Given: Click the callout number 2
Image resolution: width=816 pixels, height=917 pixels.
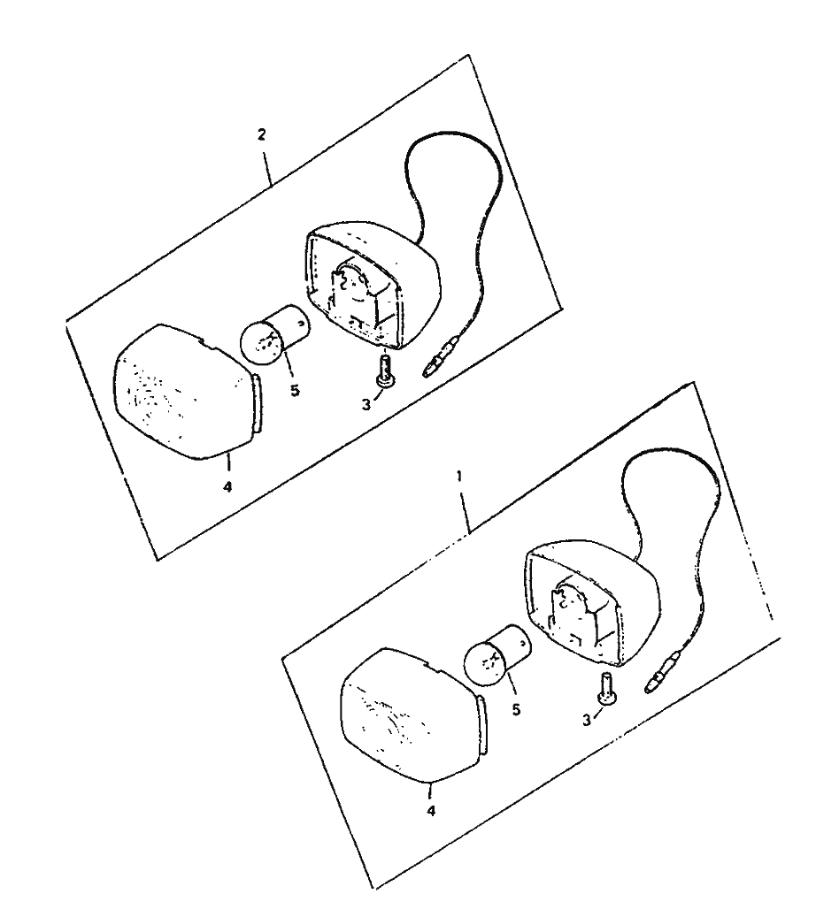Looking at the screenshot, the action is point(261,134).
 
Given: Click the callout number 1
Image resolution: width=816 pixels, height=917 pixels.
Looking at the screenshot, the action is point(459,477).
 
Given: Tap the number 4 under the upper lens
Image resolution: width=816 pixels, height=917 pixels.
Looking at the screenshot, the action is point(227,486).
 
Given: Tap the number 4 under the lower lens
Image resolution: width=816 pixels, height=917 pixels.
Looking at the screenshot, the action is point(431,811).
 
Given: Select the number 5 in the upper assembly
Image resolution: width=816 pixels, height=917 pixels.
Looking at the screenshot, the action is point(295,390).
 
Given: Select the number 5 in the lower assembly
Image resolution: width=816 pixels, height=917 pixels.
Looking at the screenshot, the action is point(516,709).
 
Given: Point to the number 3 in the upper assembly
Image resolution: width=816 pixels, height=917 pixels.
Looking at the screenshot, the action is point(366,404).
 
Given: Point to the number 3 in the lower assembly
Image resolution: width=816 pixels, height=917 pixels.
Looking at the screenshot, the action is point(587,721).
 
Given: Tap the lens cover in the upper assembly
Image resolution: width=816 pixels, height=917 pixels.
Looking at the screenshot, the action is point(186,392).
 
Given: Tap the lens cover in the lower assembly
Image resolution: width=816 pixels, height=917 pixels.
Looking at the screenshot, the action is point(412,715).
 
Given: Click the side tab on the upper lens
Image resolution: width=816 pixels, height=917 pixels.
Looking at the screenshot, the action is point(258,403).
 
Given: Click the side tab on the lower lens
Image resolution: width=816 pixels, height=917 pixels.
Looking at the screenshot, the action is point(481,724).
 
